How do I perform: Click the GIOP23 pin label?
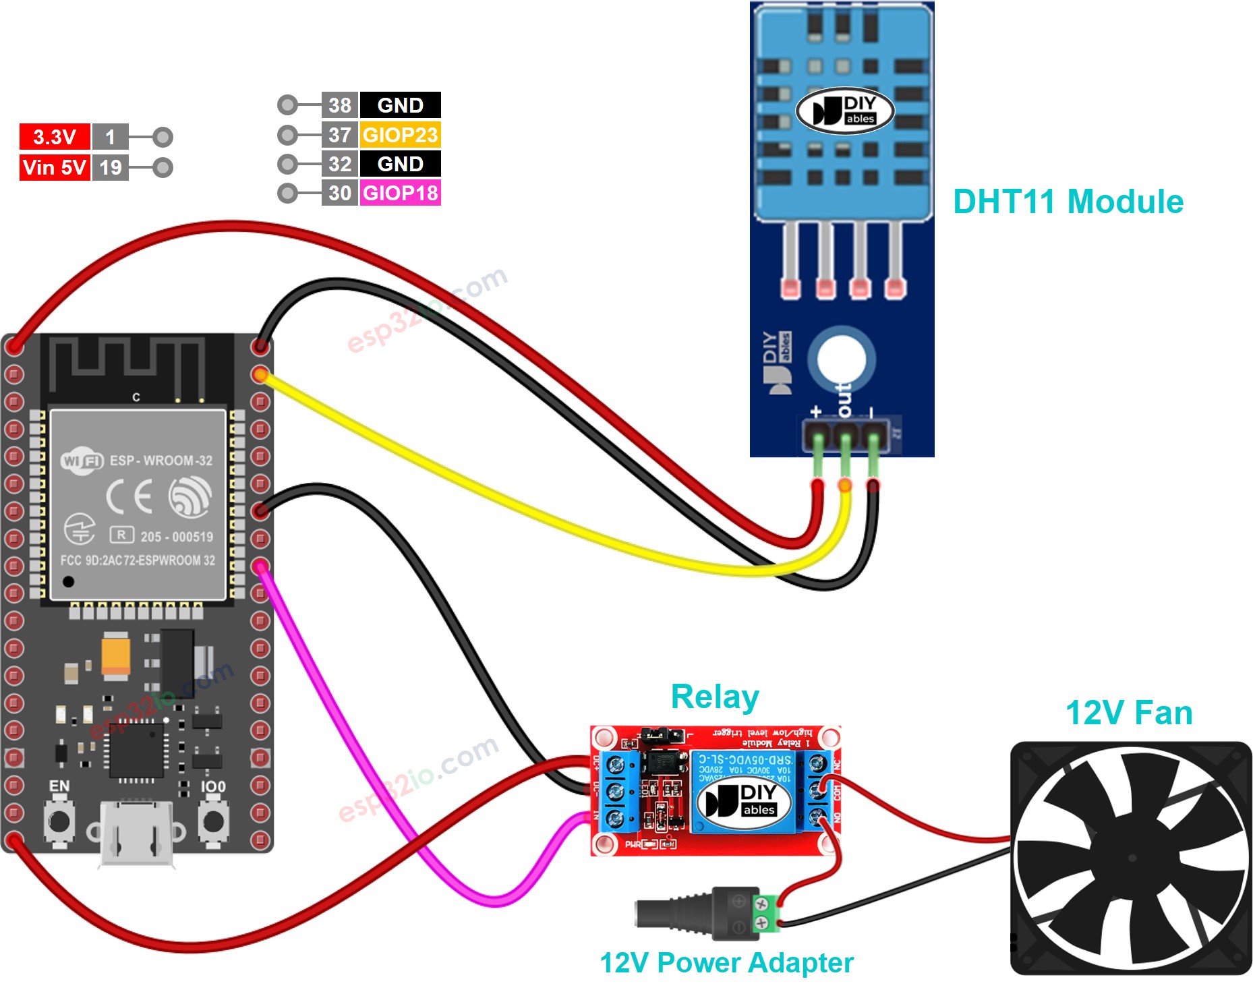(x=400, y=135)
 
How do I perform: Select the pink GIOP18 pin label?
(x=400, y=193)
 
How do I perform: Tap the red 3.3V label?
(x=54, y=137)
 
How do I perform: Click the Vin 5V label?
(x=54, y=167)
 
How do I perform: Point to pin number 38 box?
(x=339, y=105)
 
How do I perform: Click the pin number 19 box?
(x=111, y=167)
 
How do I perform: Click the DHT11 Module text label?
(x=1068, y=202)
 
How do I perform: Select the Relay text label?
(x=715, y=697)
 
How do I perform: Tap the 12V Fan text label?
(x=1128, y=713)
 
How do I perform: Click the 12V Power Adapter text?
(x=726, y=962)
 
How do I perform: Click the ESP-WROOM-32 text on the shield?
(x=161, y=461)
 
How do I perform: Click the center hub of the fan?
(x=1132, y=858)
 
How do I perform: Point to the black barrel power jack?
(x=674, y=914)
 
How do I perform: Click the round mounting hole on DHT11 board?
(x=841, y=358)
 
